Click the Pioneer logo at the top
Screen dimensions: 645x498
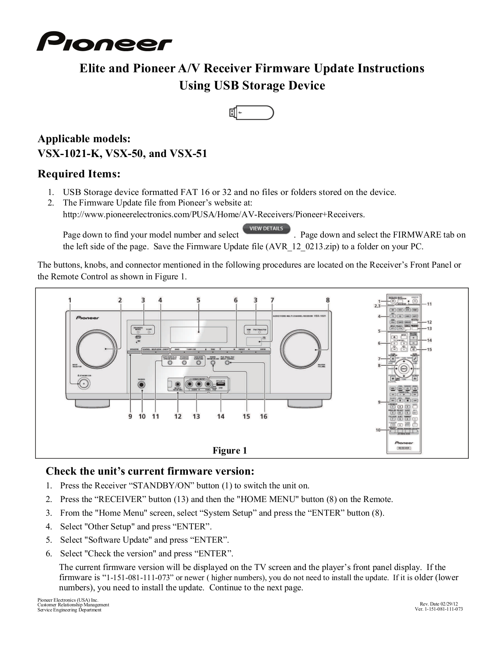pos(104,42)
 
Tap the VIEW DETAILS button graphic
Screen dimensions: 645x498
pos(266,229)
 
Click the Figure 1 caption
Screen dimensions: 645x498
pos(230,450)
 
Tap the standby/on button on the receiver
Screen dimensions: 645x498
pos(83,384)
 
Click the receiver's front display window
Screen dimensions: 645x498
pos(198,332)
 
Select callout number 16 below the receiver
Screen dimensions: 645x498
pos(264,416)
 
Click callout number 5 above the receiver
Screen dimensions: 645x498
pos(198,300)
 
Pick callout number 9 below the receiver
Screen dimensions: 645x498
pos(130,416)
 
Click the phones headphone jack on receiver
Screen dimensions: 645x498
pos(142,384)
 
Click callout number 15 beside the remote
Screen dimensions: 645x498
pos(429,349)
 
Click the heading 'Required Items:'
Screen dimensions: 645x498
pos(79,174)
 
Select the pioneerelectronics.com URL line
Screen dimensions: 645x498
pos(214,214)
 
